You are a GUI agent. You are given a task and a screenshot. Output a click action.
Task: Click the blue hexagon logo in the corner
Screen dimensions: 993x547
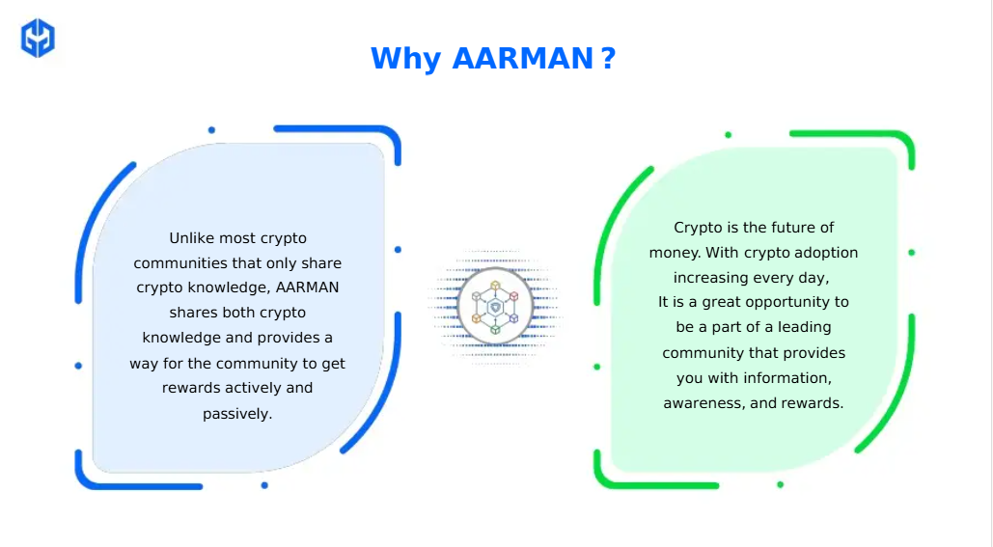pos(38,38)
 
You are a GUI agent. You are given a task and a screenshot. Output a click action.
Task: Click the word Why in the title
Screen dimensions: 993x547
pos(406,59)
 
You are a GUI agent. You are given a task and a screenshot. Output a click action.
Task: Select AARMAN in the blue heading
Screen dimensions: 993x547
pos(522,58)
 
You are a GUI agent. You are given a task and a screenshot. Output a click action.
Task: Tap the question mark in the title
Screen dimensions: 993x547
pos(609,58)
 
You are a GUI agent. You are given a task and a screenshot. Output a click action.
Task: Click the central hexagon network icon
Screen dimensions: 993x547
pos(495,307)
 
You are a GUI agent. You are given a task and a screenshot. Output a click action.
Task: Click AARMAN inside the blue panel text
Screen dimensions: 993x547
pos(308,287)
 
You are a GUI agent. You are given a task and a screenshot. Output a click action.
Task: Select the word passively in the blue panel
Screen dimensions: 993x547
pos(237,414)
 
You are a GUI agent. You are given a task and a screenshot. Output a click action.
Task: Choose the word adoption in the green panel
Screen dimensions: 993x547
pos(826,253)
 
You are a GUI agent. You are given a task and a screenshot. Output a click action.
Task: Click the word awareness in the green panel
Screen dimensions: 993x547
pos(703,403)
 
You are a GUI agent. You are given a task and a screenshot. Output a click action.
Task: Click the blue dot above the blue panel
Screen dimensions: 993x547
pos(211,130)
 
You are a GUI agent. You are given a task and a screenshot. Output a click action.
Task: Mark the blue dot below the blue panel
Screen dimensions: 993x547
pos(264,485)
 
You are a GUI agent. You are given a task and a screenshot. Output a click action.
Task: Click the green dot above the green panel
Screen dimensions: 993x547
pos(729,135)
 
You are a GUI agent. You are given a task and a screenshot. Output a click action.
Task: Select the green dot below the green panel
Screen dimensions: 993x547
pos(780,485)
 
